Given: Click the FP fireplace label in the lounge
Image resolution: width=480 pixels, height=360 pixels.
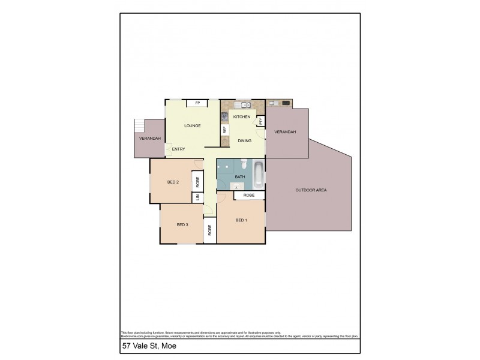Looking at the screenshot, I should point(197,103).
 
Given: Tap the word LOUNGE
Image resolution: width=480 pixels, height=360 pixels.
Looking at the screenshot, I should point(192,125).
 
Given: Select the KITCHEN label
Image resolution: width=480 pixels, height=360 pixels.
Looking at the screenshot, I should point(242,116).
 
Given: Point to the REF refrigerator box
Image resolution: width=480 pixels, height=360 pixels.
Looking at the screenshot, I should point(225,130).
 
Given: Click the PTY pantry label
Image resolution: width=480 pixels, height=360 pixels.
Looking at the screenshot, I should point(260,121).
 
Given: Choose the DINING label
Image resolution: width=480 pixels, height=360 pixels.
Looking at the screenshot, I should point(244,141).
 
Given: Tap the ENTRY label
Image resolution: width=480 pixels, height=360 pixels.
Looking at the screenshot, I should point(179,149).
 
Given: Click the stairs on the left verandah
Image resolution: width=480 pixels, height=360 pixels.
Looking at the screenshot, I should point(140,126).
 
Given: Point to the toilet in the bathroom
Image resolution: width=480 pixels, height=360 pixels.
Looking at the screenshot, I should point(244,164).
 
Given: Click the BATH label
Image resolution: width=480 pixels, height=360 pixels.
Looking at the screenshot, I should point(240,177).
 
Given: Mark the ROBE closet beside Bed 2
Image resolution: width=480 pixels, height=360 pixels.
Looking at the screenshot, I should point(197,180).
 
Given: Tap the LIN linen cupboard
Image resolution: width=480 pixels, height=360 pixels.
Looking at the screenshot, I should point(197,197).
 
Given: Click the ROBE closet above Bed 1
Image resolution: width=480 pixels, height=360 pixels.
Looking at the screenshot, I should point(249,196).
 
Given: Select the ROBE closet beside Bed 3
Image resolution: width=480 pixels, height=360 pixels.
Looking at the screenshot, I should point(210,230).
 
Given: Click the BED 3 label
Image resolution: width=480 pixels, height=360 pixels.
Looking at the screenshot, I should point(182,225).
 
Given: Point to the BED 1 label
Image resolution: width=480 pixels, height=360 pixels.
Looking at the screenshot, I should point(241,220).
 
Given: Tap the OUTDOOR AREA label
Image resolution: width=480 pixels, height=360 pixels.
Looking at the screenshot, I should point(311,190).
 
